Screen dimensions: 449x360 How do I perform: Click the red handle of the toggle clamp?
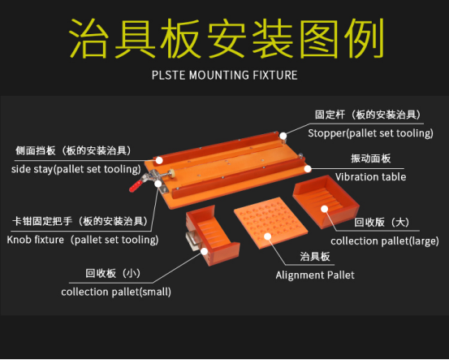point(136,186)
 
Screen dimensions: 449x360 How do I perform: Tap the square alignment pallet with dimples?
point(270,223)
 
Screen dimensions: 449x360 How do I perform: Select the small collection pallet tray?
point(212,236)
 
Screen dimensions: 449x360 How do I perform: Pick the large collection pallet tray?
point(326,202)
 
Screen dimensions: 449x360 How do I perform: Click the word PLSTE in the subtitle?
point(168,76)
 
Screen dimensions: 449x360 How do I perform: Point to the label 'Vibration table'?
point(370,177)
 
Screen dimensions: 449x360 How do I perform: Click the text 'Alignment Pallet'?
point(315,275)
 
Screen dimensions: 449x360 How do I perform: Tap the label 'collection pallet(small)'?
point(116,292)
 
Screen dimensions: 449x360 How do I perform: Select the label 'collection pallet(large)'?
point(385,241)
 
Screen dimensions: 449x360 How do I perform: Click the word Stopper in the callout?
point(327,133)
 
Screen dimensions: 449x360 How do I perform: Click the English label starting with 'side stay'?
point(76,169)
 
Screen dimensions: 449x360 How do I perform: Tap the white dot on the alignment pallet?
point(268,236)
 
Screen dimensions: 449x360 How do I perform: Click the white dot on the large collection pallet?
point(325,209)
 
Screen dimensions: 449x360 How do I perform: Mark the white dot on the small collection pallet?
point(204,251)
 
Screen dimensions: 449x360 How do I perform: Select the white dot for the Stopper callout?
point(283,136)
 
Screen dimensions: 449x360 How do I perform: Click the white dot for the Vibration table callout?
point(308,168)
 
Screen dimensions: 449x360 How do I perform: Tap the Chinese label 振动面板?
point(371,158)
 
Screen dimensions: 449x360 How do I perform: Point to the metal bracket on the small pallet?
point(192,241)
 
